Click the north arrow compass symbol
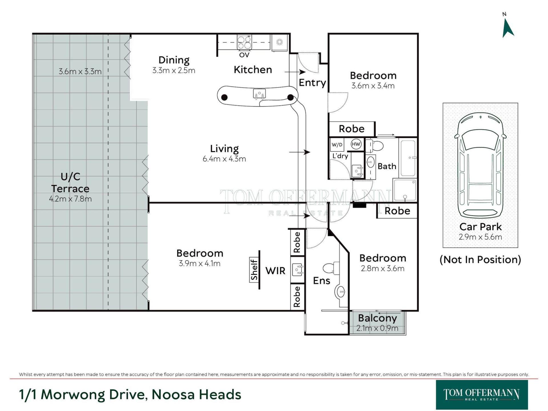(x=507, y=28)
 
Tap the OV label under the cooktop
(x=244, y=55)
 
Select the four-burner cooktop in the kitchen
(x=244, y=42)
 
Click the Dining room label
(x=174, y=60)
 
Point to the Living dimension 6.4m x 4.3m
(x=224, y=159)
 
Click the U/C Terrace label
(x=70, y=183)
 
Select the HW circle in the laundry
(x=356, y=144)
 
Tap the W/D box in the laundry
(x=337, y=145)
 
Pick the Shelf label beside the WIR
(x=254, y=270)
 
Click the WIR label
(x=275, y=271)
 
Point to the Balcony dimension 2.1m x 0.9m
(x=377, y=328)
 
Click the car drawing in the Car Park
(x=480, y=166)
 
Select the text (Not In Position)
(x=480, y=259)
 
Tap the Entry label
(x=312, y=82)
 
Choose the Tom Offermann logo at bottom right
(x=482, y=395)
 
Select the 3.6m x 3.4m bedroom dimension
(x=373, y=86)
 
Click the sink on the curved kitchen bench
(x=259, y=94)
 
